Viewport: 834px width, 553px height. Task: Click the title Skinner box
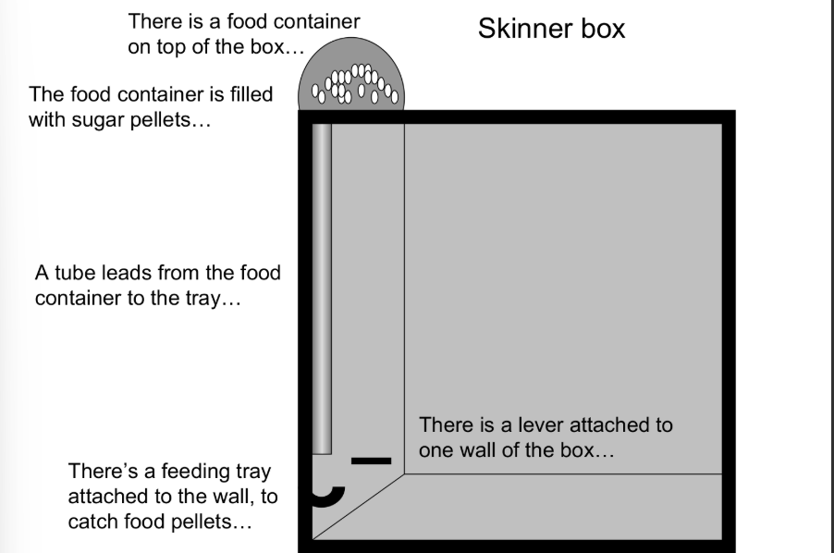pyautogui.click(x=551, y=29)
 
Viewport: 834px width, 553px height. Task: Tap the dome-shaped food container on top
pyautogui.click(x=350, y=82)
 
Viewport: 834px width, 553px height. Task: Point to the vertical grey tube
pyautogui.click(x=321, y=287)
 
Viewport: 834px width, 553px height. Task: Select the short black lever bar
pyautogui.click(x=371, y=460)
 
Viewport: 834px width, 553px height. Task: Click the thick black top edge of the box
pyautogui.click(x=518, y=117)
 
